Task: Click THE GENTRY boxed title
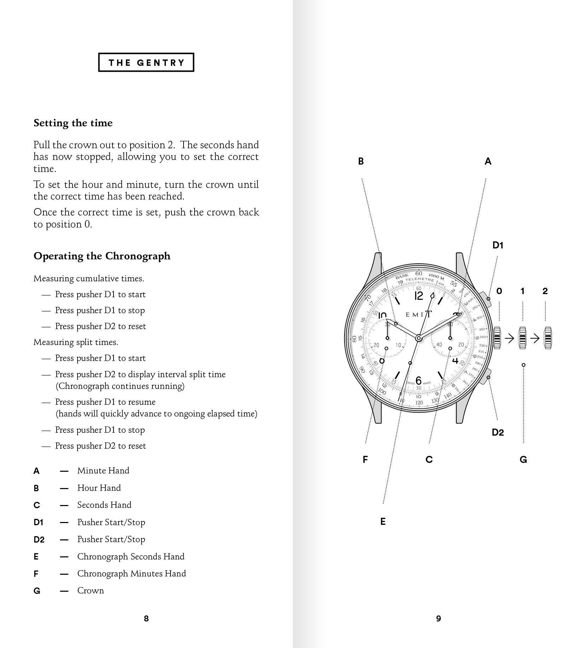(x=146, y=63)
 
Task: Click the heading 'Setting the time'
(x=73, y=123)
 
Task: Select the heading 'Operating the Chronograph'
(x=102, y=256)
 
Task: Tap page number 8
(x=146, y=618)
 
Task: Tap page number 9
(x=439, y=618)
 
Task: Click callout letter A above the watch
(x=488, y=161)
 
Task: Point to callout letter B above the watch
(x=361, y=161)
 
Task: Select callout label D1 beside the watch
(x=498, y=245)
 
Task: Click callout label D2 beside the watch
(x=498, y=432)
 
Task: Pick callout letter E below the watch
(x=383, y=521)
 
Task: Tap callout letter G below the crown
(x=523, y=459)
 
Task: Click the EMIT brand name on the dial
(x=419, y=315)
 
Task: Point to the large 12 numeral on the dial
(x=418, y=296)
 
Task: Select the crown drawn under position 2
(x=548, y=338)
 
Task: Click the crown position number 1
(x=522, y=291)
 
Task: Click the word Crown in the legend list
(x=91, y=590)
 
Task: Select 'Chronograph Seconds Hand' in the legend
(x=131, y=556)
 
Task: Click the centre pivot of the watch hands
(x=419, y=338)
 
